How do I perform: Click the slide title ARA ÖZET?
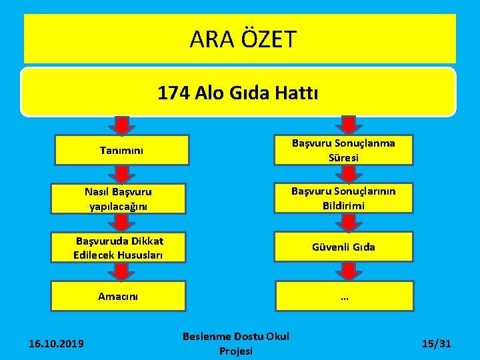242,40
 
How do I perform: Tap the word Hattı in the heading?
298,93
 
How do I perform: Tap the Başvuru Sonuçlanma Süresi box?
343,150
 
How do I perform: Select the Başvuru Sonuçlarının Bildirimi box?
343,199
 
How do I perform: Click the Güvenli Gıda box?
343,247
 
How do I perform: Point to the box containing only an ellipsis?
343,296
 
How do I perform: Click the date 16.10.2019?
56,343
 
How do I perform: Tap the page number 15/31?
437,343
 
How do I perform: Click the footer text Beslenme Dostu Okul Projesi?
236,343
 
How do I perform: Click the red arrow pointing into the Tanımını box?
121,125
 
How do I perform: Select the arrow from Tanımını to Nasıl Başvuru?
121,174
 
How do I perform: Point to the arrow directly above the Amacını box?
121,271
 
